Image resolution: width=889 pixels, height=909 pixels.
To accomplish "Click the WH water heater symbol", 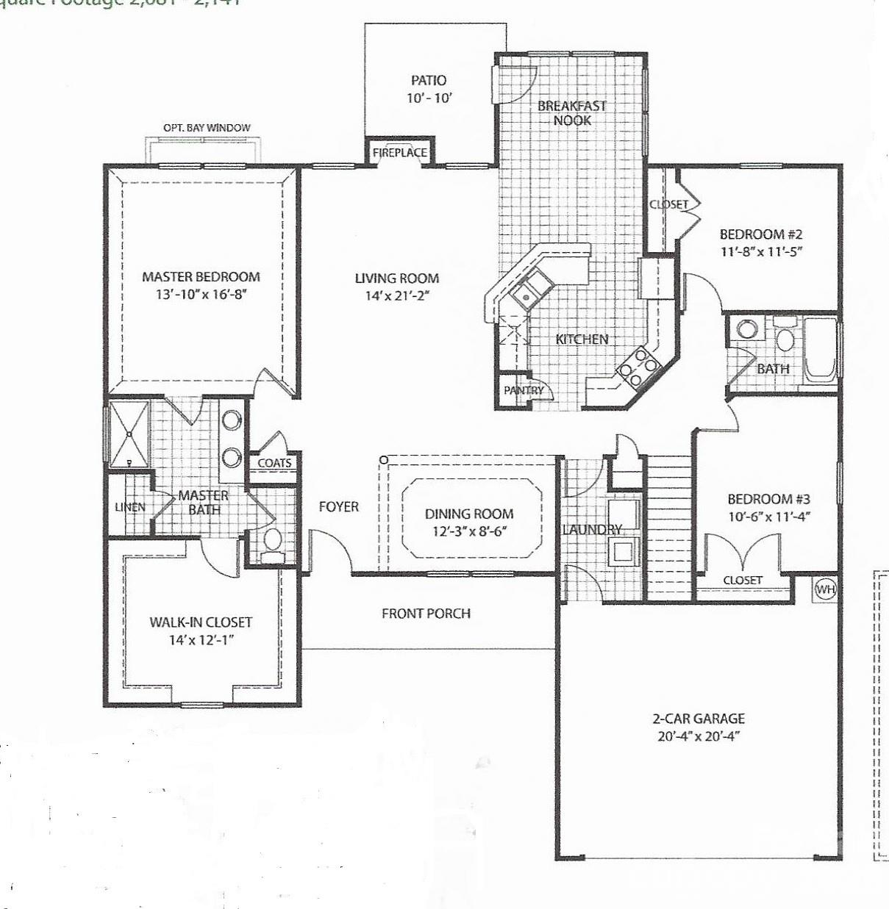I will pos(826,589).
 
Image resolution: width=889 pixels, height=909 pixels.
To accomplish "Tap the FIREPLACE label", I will pos(399,153).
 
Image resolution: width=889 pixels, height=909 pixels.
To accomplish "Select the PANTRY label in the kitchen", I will pos(524,390).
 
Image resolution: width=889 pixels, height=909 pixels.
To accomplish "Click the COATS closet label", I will pos(274,463).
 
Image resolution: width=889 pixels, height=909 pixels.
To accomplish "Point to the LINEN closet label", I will pos(130,507).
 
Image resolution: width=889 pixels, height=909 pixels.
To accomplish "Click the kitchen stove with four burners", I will pos(638,364).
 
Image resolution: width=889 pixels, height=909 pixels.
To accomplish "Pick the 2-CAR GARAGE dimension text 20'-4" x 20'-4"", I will pos(699,736).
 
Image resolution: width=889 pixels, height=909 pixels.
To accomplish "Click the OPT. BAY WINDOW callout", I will pos(207,128).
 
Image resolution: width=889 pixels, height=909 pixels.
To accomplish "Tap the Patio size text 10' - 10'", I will pos(429,98).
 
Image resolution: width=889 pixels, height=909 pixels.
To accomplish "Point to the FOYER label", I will pos(339,506).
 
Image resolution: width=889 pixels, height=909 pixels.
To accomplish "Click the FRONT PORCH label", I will pos(426,613).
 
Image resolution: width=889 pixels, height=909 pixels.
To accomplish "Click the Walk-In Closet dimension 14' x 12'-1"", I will pos(201,639).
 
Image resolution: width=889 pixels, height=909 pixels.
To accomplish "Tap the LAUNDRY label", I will pos(592,529).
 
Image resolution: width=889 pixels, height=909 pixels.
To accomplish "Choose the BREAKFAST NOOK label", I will pos(571,112).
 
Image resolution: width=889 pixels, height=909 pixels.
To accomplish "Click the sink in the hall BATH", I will pos(748,328).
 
